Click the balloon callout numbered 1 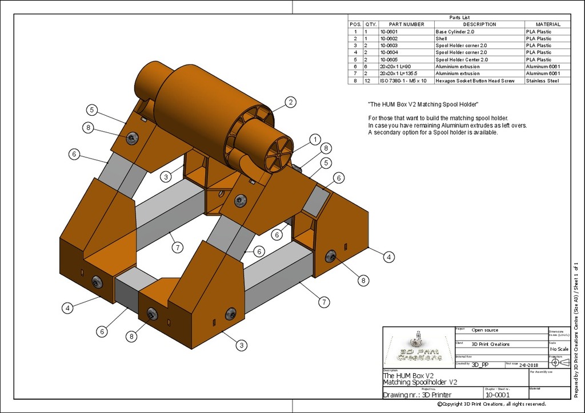click(x=314, y=139)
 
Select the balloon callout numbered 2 click(x=290, y=103)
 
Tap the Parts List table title click(x=459, y=18)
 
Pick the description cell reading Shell click(x=441, y=38)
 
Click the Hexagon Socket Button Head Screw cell click(x=475, y=81)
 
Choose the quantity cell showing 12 click(x=370, y=81)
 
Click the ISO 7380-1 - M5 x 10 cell click(x=403, y=81)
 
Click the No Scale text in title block click(x=559, y=349)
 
